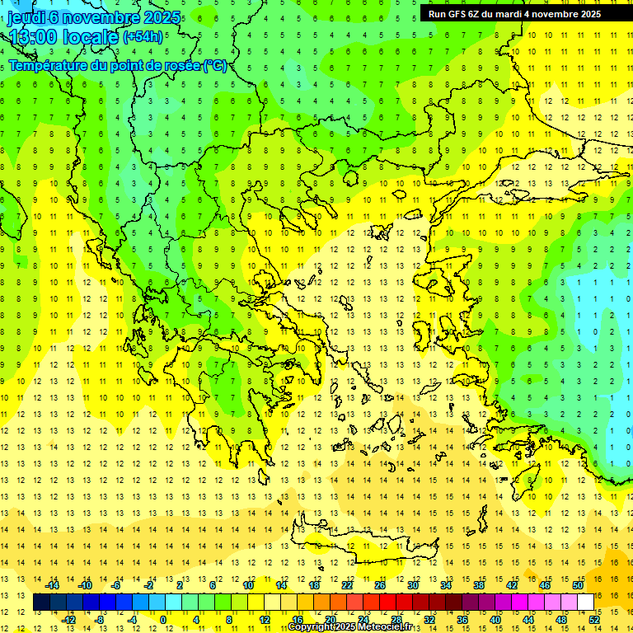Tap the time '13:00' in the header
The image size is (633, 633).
click(34, 37)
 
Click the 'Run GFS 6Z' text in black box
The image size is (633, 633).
click(456, 14)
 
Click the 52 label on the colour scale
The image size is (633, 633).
click(594, 619)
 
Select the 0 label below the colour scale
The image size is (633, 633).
click(163, 619)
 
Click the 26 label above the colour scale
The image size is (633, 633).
click(379, 585)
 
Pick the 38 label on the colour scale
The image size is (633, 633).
click(478, 585)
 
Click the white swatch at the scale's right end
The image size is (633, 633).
click(585, 603)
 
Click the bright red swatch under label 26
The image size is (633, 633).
click(387, 603)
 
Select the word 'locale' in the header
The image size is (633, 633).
click(90, 37)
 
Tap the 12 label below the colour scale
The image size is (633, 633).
click(265, 619)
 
